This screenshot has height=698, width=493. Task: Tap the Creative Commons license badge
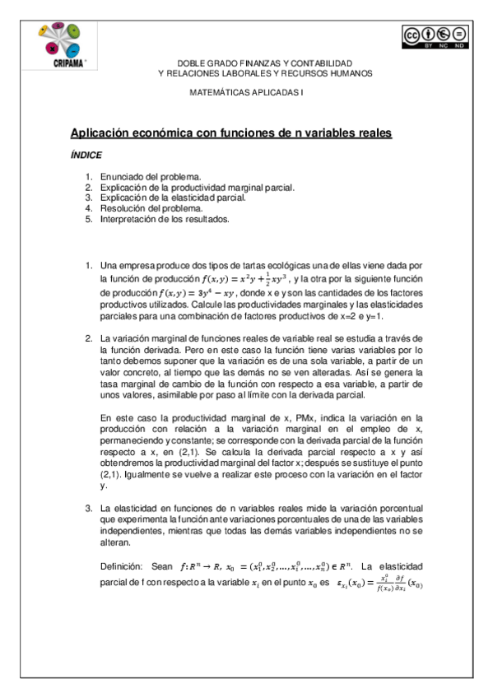click(435, 36)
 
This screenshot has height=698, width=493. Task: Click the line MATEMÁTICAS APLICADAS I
click(246, 93)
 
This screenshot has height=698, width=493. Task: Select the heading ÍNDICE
click(86, 155)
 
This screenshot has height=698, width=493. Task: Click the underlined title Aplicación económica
click(230, 133)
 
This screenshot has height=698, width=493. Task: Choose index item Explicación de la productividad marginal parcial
click(198, 188)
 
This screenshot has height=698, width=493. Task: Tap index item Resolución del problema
click(151, 209)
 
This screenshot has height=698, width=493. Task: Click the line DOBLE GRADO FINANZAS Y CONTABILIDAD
click(264, 63)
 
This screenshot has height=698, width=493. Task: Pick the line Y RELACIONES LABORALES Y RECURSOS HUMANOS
click(264, 73)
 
